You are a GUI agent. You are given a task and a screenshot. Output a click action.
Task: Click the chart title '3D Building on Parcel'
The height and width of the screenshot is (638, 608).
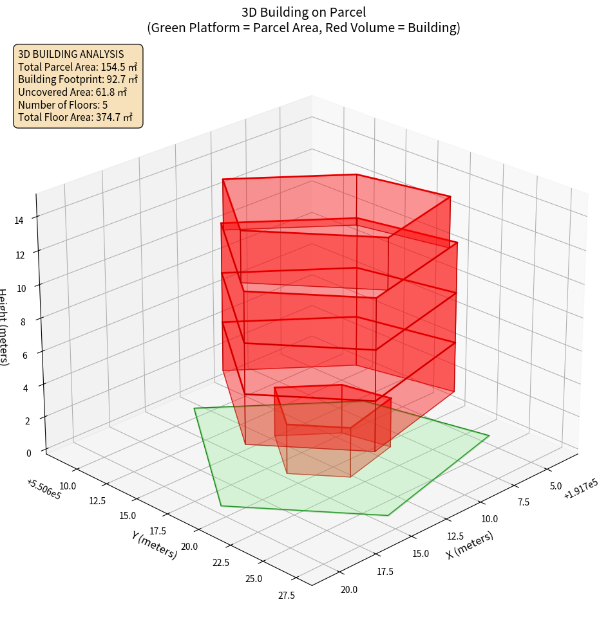coord(303,12)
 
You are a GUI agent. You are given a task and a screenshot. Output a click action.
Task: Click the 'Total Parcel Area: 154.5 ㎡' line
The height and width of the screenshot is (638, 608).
coord(77,67)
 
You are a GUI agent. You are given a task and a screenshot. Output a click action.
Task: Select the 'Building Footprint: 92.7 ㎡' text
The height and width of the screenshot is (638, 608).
coord(77,80)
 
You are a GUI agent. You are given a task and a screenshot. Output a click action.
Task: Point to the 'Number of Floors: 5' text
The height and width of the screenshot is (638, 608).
coord(62,105)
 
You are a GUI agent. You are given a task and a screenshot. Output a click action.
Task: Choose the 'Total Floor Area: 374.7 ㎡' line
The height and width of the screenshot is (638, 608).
coord(75,118)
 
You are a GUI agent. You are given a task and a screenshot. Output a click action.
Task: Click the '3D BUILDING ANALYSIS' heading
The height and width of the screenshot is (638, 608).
coord(71,54)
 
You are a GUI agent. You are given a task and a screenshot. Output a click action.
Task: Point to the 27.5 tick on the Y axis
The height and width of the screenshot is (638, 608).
coord(287,596)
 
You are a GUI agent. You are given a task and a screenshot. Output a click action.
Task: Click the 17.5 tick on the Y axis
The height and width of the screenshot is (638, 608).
coord(158,531)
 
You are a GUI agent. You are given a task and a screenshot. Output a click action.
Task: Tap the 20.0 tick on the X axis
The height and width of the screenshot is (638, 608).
coord(348,590)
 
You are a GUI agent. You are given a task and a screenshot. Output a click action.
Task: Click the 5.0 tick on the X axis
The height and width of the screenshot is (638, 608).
coord(556,486)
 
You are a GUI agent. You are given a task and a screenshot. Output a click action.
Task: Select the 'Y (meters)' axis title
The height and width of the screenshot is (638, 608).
coord(154,545)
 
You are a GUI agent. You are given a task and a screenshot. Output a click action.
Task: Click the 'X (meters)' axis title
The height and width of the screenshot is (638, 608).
coord(470,545)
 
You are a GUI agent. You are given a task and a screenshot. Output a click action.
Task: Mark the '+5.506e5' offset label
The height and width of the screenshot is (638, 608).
coord(44,489)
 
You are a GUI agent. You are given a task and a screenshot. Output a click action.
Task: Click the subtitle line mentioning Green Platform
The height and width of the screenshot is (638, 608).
coord(303,28)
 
